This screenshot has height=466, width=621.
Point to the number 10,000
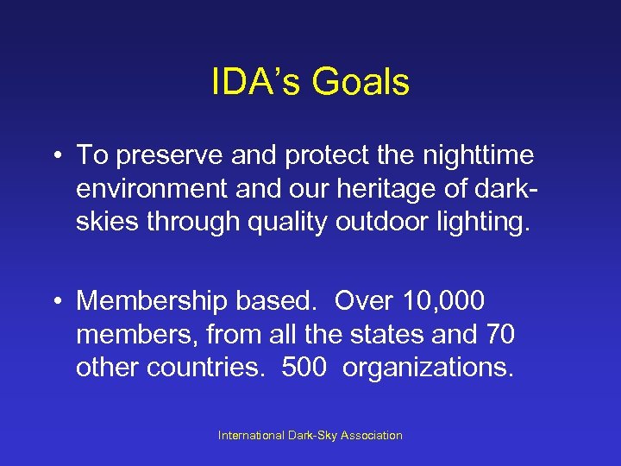[442, 301]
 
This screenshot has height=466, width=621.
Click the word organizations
[428, 367]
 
